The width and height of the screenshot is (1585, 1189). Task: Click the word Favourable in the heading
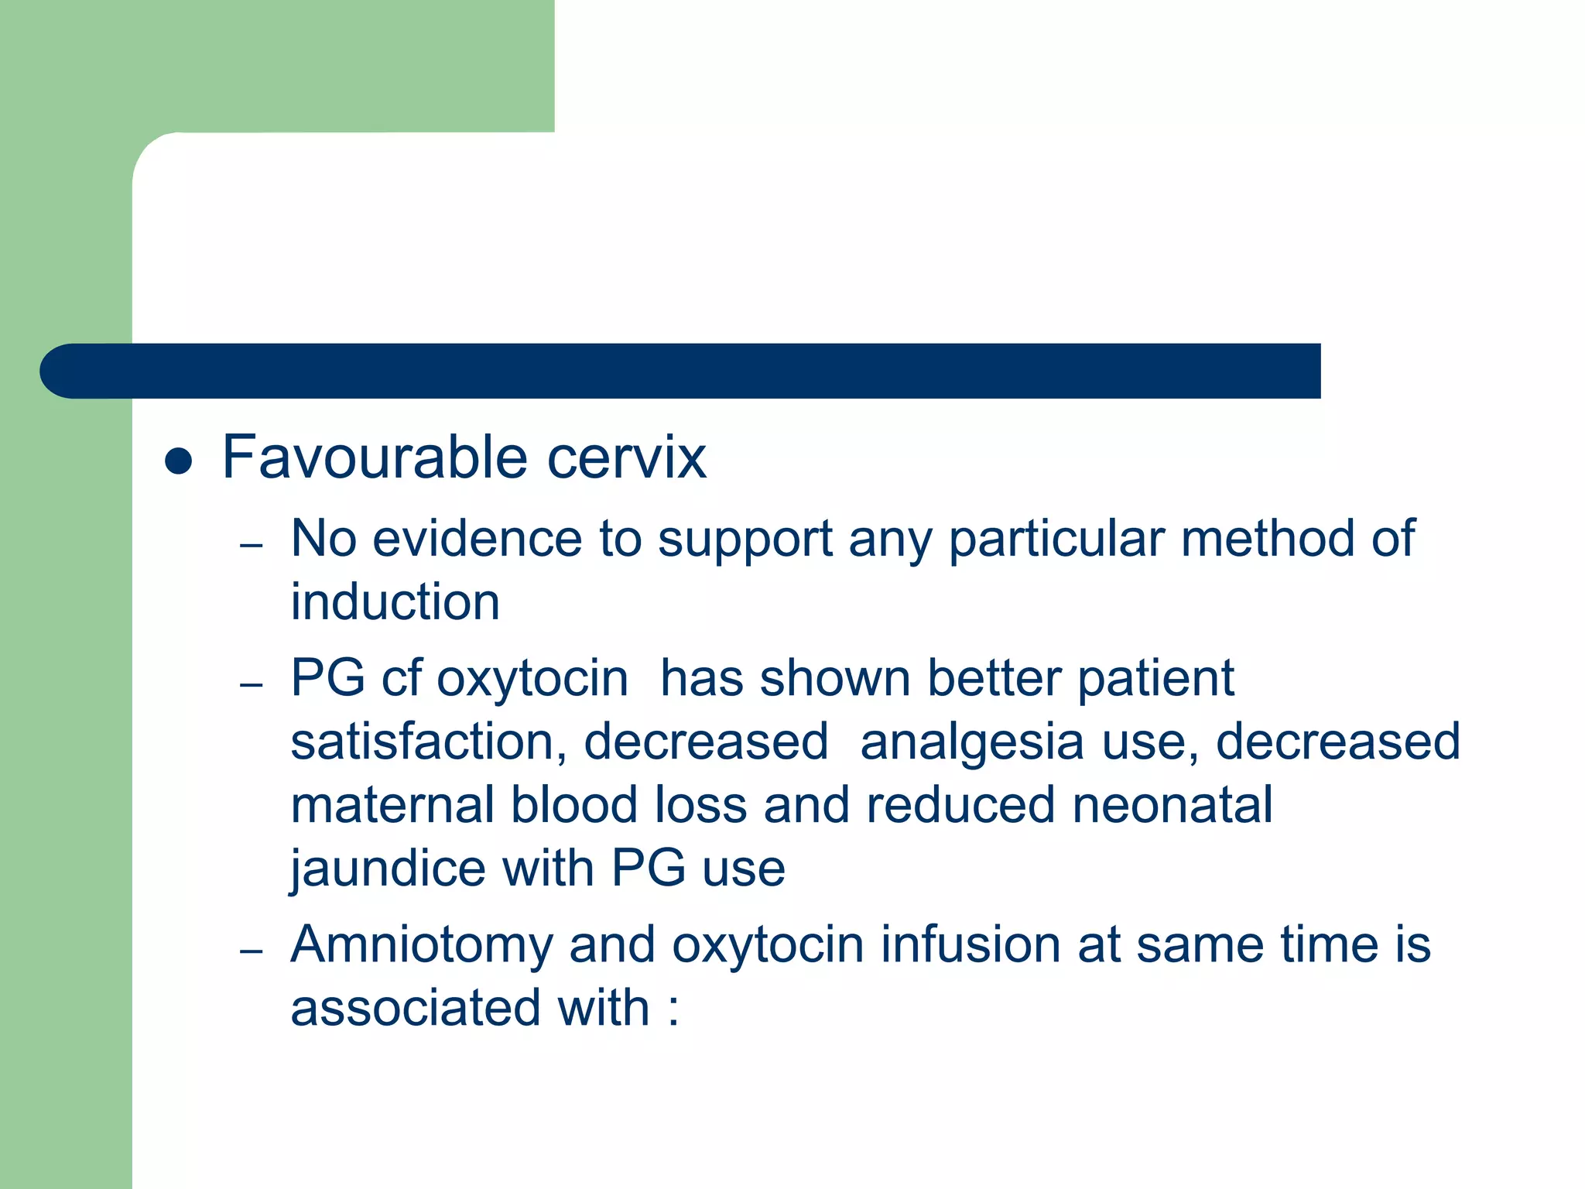point(375,457)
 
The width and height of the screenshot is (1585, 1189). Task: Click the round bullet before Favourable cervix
point(179,461)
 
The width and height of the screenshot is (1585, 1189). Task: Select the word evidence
point(477,539)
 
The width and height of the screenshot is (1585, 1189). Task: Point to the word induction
point(395,602)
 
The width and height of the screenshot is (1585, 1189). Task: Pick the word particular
point(1056,539)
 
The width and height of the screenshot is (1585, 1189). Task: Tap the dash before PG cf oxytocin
point(252,685)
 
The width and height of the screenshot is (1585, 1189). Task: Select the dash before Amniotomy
point(252,951)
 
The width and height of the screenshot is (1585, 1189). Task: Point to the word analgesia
point(971,742)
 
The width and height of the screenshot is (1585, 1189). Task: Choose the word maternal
point(392,805)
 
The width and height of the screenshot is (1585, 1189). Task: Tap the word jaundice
point(388,869)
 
